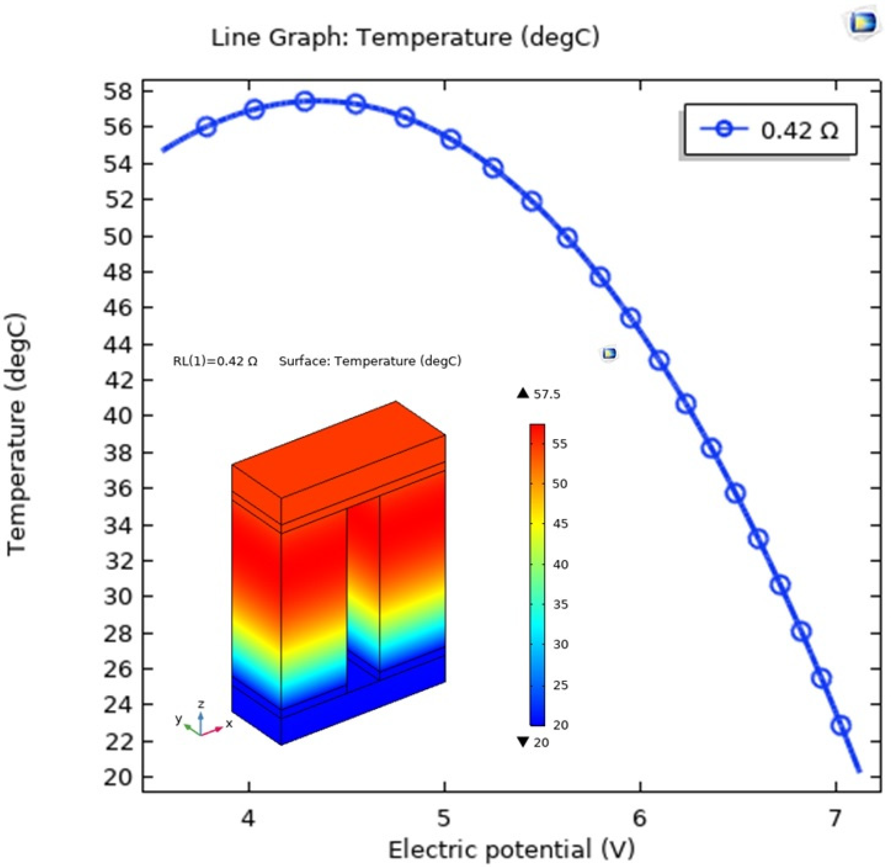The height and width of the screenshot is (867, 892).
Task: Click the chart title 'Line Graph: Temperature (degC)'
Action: pyautogui.click(x=405, y=38)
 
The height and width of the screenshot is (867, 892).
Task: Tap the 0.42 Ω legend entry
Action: pyautogui.click(x=769, y=131)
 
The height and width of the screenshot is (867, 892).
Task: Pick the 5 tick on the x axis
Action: pyautogui.click(x=444, y=818)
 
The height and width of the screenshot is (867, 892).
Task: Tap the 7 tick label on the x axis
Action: pyautogui.click(x=835, y=818)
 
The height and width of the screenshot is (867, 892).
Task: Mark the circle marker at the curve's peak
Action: pyautogui.click(x=305, y=101)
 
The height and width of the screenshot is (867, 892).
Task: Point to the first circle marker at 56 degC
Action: pyautogui.click(x=207, y=127)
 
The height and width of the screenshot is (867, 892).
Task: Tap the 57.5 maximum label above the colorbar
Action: pyautogui.click(x=546, y=394)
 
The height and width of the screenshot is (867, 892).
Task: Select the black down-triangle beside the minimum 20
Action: pyautogui.click(x=523, y=742)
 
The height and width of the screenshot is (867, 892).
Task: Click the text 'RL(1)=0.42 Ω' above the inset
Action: pyautogui.click(x=215, y=361)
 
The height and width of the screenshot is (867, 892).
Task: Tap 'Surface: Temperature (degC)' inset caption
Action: pyautogui.click(x=370, y=361)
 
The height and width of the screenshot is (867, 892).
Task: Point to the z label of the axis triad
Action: pyautogui.click(x=201, y=704)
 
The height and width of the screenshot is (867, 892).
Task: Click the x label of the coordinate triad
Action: pyautogui.click(x=229, y=724)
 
